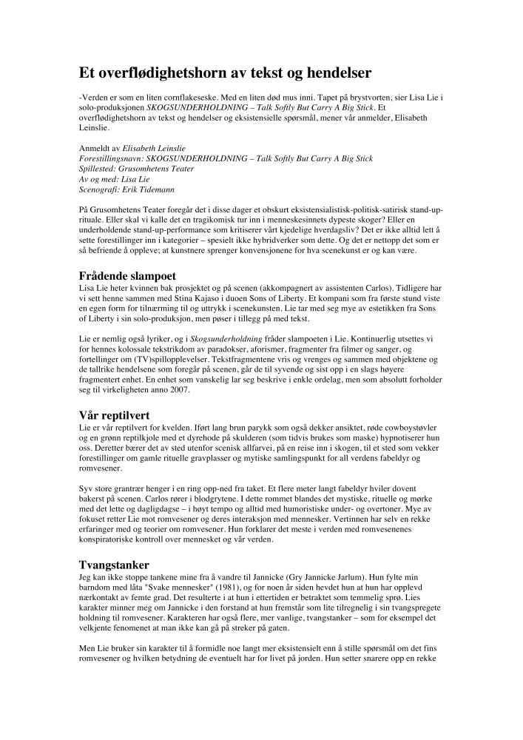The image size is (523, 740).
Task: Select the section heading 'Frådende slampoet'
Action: pos(126,276)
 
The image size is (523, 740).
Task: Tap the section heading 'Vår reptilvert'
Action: pos(115,414)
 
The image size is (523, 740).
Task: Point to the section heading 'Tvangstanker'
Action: pos(115,565)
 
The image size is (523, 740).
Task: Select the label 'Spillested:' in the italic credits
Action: pos(101,169)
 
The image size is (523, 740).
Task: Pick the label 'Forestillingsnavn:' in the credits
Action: pos(112,158)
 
